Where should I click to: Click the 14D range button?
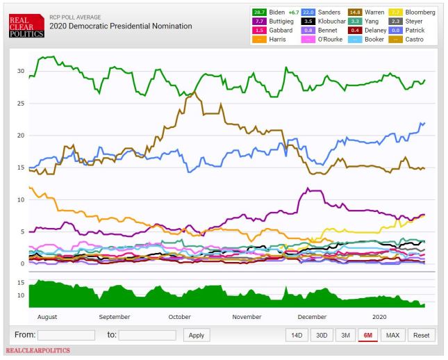[x=297, y=334]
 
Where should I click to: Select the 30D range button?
[x=321, y=334]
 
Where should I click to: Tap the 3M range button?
[x=344, y=334]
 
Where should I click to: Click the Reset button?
[x=421, y=334]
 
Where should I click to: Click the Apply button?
[x=197, y=334]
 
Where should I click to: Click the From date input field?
[x=67, y=334]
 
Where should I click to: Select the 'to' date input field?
[x=147, y=334]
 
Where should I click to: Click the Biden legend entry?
[x=274, y=13]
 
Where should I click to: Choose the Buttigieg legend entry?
[x=275, y=22]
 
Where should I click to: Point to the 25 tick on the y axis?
[x=20, y=104]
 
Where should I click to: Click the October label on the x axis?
[x=180, y=316]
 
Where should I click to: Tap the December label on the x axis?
[x=313, y=316]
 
